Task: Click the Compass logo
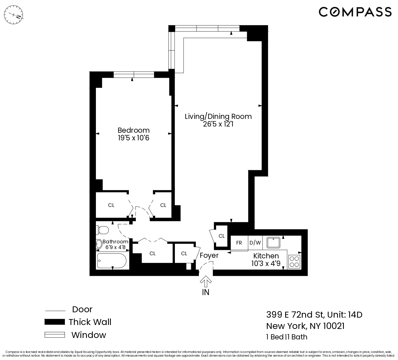(355, 12)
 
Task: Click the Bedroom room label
(133, 130)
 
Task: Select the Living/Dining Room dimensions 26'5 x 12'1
(218, 124)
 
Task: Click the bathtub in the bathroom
(112, 261)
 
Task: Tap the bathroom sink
(99, 244)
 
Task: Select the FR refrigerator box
(239, 243)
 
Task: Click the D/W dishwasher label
(255, 243)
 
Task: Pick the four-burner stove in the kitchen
(294, 261)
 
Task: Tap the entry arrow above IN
(206, 282)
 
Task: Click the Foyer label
(209, 256)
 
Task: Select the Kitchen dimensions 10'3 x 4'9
(266, 264)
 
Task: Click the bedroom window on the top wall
(134, 75)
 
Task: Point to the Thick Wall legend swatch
(54, 322)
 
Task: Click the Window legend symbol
(54, 335)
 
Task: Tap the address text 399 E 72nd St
(296, 315)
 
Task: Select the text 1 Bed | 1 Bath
(287, 337)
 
